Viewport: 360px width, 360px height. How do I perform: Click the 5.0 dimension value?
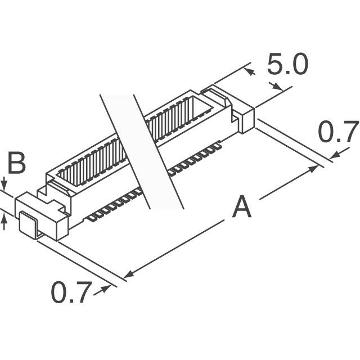287,66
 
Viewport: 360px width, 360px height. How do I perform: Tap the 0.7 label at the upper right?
337,133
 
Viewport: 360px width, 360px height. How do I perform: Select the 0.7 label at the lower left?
71,292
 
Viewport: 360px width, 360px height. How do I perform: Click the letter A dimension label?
242,207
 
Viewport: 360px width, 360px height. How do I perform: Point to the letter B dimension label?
16,164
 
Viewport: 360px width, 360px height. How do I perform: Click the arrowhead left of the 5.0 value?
250,71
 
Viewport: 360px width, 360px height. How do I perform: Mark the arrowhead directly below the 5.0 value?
278,87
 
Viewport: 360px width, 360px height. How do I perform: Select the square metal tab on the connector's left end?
28,222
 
